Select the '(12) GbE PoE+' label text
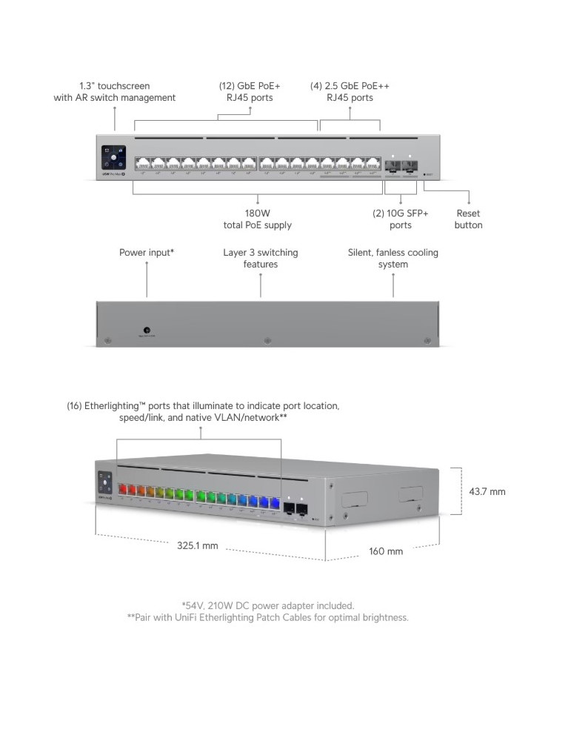(250, 85)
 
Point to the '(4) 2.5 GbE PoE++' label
(350, 85)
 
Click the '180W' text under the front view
(257, 213)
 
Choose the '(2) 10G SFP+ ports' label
(400, 219)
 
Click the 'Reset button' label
(468, 219)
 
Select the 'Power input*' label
(147, 253)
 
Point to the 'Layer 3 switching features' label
(261, 258)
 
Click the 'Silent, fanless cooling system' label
(393, 258)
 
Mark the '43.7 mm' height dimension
(487, 491)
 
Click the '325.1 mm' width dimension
(198, 546)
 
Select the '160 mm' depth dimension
(386, 551)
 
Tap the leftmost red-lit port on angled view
(122, 489)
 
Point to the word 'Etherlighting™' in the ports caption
(120, 406)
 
